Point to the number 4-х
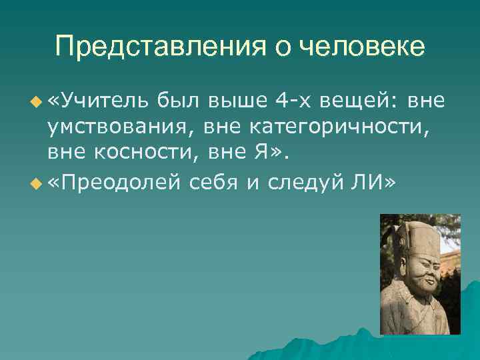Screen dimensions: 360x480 [293, 101]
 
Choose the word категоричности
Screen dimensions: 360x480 [326, 127]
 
